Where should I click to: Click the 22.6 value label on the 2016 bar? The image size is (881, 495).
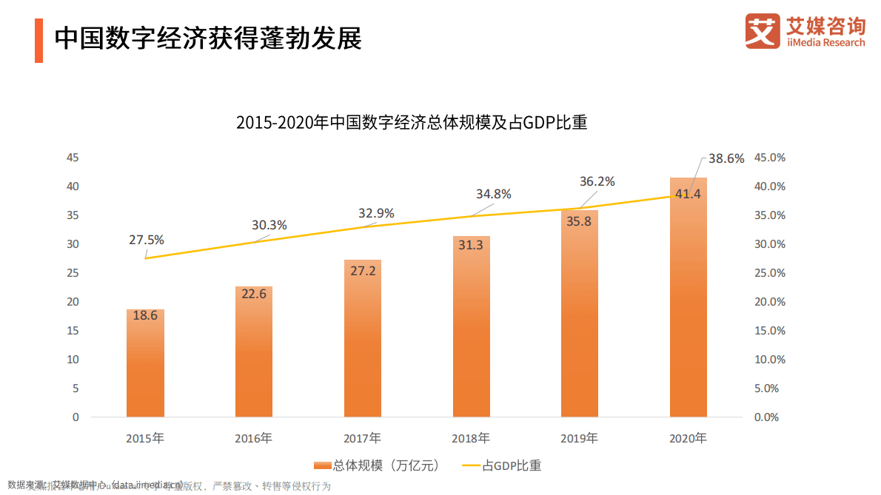coord(254,294)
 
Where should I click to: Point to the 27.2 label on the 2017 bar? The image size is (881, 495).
coord(363,271)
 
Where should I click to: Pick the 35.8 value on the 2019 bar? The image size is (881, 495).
coord(579,220)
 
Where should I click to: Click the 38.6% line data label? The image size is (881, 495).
coord(726,158)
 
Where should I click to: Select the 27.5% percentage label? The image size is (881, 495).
coord(146,240)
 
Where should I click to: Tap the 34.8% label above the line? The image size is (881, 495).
coord(493,194)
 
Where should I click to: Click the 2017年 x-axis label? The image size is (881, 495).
coord(363,438)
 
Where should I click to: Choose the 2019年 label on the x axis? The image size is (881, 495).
coord(579,438)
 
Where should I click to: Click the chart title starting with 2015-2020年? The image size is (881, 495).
coord(412,123)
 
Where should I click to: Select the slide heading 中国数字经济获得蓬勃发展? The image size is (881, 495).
coord(208,38)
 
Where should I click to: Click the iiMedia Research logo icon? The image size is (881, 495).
coord(763,32)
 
